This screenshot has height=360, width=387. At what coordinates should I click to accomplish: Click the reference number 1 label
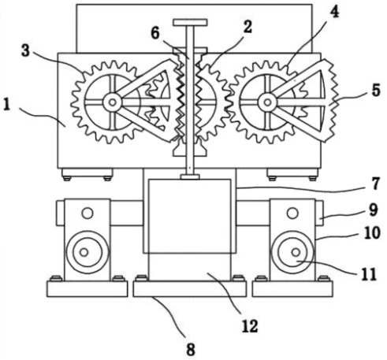[x=6, y=106]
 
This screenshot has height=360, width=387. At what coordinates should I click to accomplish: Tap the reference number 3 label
[x=25, y=51]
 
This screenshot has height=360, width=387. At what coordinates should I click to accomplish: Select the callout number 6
[x=155, y=33]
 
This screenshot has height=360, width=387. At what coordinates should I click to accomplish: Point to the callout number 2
[x=247, y=27]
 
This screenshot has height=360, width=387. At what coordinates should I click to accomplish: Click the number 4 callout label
[x=334, y=12]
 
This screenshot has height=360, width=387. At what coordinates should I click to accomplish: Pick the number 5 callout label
[x=376, y=91]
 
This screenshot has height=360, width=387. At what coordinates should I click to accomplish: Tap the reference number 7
[x=376, y=184]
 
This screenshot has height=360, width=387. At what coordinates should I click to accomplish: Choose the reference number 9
[x=374, y=210]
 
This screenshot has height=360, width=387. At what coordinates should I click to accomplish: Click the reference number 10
[x=372, y=232]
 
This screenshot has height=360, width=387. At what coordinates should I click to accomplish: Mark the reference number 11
[x=369, y=274]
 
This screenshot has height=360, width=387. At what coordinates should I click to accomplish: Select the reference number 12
[x=250, y=326]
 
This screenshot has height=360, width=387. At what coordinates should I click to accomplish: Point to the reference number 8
[x=191, y=350]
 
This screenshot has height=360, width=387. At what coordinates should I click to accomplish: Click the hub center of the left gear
[x=113, y=102]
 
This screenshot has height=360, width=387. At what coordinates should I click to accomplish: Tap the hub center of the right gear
[x=267, y=102]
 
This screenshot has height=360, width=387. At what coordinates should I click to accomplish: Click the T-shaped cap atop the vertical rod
[x=191, y=22]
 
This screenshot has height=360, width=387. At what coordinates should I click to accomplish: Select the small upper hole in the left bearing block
[x=87, y=213]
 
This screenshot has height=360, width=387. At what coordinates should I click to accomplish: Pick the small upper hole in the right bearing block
[x=292, y=213]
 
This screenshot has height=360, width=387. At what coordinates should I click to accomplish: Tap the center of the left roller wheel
[x=84, y=252]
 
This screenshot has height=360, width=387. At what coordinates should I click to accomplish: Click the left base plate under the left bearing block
[x=87, y=289]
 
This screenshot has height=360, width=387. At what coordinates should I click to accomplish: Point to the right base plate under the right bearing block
[x=292, y=289]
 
